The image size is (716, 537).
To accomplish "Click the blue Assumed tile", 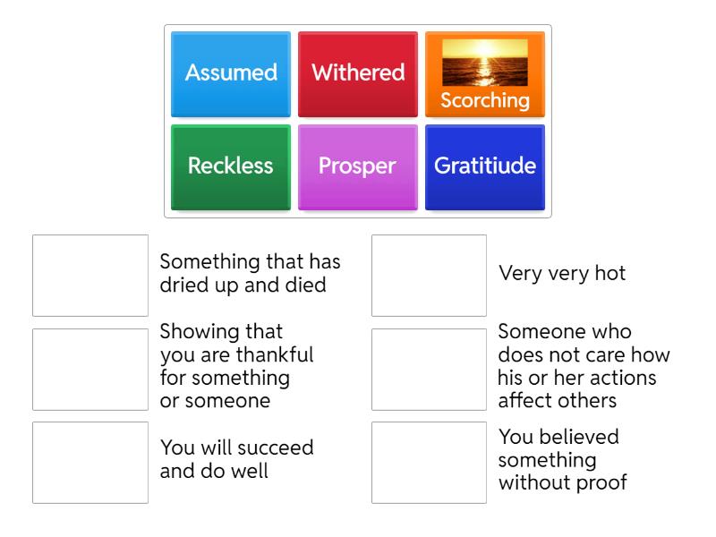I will [x=231, y=73].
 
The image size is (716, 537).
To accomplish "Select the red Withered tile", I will [x=358, y=73].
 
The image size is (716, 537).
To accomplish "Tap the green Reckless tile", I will [x=231, y=166].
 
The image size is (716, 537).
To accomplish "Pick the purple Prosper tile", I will [x=358, y=166].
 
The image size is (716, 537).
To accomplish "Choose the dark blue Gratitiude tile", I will [x=485, y=166].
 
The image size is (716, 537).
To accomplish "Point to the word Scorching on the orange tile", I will [x=485, y=100].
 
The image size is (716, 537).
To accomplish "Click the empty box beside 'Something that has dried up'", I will [x=90, y=276].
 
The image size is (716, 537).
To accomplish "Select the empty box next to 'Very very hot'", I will [x=429, y=276].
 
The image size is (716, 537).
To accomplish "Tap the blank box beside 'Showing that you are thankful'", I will [x=90, y=369].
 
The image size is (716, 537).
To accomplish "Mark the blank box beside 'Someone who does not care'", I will [x=429, y=369].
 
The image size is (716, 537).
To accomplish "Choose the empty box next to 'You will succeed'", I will [x=90, y=462].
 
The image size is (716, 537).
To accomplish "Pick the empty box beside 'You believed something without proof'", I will [x=429, y=462].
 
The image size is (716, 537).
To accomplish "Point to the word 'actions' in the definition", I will [x=625, y=378].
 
